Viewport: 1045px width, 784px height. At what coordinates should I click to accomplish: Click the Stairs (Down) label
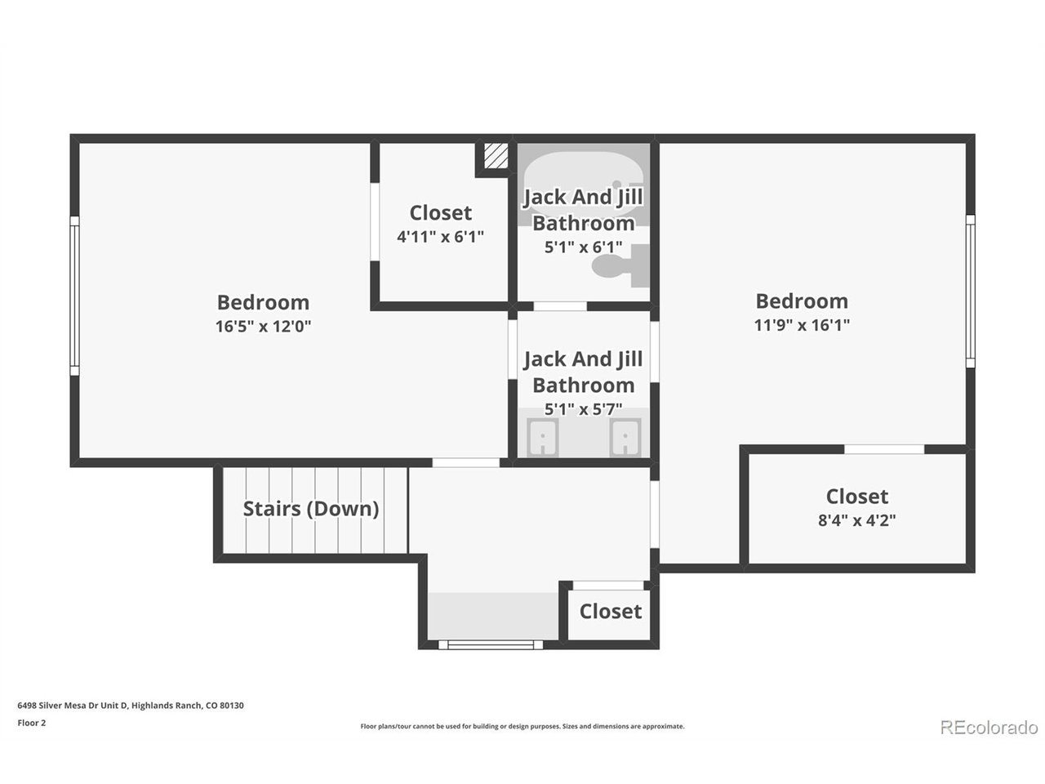pyautogui.click(x=311, y=509)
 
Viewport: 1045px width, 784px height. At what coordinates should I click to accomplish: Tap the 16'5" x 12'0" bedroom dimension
pyautogui.click(x=263, y=327)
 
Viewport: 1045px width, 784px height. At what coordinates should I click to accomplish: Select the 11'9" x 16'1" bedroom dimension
pyautogui.click(x=802, y=325)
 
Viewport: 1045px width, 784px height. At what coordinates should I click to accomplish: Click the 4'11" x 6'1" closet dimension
pyautogui.click(x=440, y=237)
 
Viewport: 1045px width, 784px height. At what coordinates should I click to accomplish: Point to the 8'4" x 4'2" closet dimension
pyautogui.click(x=857, y=520)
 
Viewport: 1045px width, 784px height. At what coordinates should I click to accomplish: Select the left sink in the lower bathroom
pyautogui.click(x=543, y=438)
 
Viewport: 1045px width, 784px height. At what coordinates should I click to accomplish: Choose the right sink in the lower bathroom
pyautogui.click(x=625, y=438)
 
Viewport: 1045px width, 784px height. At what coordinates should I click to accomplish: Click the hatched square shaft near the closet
pyautogui.click(x=496, y=156)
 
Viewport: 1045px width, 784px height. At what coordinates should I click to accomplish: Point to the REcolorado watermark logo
pyautogui.click(x=989, y=728)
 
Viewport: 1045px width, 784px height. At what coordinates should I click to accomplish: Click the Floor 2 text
pyautogui.click(x=32, y=723)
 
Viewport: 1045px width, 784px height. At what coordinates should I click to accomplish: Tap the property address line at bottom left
pyautogui.click(x=131, y=706)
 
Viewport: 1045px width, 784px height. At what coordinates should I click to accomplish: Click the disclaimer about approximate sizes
pyautogui.click(x=522, y=726)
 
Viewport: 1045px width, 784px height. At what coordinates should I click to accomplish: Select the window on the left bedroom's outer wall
pyautogui.click(x=74, y=296)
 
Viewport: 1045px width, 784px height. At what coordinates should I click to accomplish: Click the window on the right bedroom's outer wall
pyautogui.click(x=970, y=291)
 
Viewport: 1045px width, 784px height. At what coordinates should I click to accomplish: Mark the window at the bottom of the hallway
pyautogui.click(x=491, y=645)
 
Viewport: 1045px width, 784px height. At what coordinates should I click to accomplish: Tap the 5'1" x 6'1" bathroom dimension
pyautogui.click(x=583, y=247)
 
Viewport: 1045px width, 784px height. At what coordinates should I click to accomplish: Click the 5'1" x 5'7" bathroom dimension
pyautogui.click(x=583, y=409)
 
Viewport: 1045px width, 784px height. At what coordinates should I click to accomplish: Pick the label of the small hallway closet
pyautogui.click(x=611, y=612)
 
